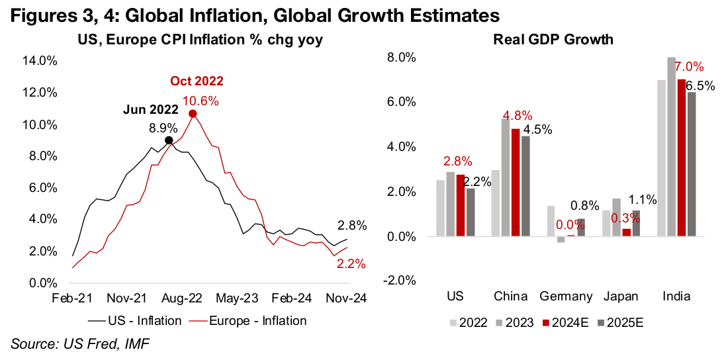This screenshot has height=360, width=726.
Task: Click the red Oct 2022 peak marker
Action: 193,114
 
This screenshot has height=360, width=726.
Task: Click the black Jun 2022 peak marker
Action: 169,140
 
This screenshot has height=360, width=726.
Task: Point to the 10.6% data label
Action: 201,101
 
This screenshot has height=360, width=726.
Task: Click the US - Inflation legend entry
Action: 135,320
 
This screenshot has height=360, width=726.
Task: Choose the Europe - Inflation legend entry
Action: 250,320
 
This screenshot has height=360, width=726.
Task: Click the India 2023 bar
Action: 670,146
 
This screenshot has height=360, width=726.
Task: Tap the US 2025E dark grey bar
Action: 471,212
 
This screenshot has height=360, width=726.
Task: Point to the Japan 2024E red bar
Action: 626,232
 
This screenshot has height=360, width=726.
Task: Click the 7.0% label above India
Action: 690,67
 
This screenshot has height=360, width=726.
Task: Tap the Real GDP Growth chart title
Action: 553,40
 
